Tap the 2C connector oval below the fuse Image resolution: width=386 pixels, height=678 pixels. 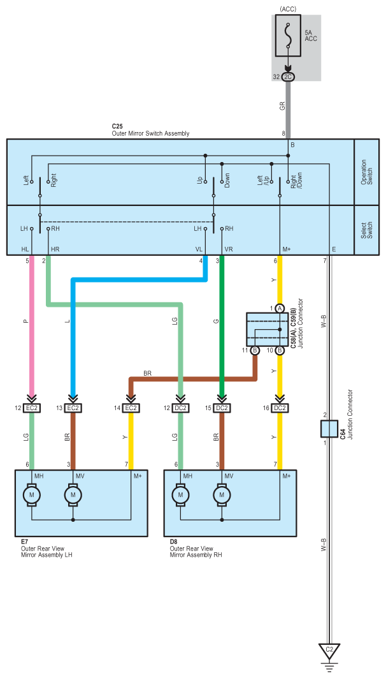[287, 76]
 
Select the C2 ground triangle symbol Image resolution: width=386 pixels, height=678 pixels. [329, 651]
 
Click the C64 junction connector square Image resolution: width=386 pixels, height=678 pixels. [329, 429]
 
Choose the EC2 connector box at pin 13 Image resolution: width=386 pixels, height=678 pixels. [73, 408]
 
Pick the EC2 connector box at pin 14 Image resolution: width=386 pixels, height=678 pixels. [131, 408]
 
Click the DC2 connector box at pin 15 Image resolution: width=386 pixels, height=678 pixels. [222, 408]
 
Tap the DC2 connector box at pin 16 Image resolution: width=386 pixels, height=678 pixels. [280, 408]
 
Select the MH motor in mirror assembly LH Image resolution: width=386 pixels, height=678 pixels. [32, 494]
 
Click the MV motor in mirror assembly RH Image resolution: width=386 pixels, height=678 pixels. [222, 494]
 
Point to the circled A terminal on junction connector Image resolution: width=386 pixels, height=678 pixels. [280, 308]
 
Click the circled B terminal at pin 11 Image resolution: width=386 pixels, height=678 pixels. [255, 350]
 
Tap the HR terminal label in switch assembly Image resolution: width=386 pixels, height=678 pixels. [55, 249]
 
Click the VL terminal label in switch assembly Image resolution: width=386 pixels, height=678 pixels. [199, 249]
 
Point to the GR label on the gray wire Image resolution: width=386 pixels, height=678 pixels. [281, 107]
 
